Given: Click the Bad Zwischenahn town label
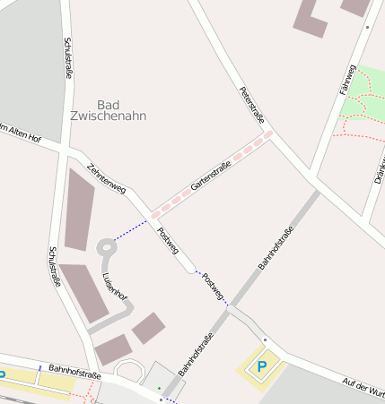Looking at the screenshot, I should pos(108,109).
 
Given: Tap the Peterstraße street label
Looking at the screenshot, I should pos(252,104).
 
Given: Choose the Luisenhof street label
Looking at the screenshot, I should pos(115,288).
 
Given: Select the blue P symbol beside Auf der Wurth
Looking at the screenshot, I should pos(262,365).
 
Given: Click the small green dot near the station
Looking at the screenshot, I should pos(160,388).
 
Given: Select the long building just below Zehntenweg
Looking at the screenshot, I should pos(80,209).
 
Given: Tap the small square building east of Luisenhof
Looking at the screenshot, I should pos(148,328).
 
